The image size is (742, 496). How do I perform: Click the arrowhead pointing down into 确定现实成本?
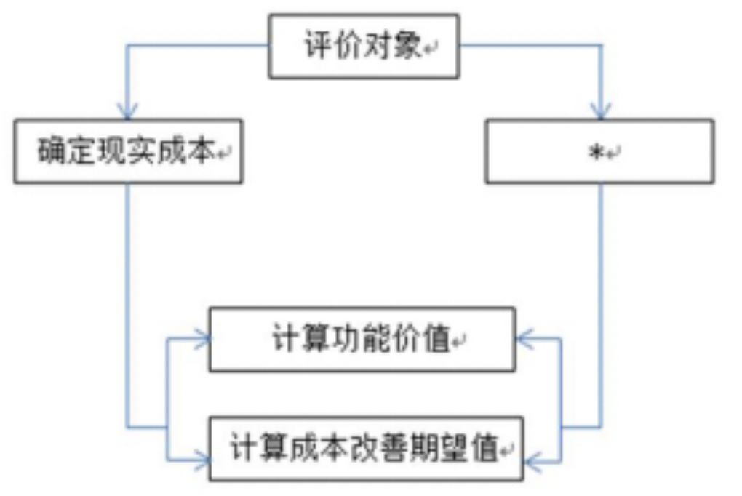(128, 112)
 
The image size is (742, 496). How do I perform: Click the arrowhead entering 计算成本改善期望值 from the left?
(202, 459)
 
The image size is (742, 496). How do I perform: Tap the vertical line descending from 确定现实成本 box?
(128, 291)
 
